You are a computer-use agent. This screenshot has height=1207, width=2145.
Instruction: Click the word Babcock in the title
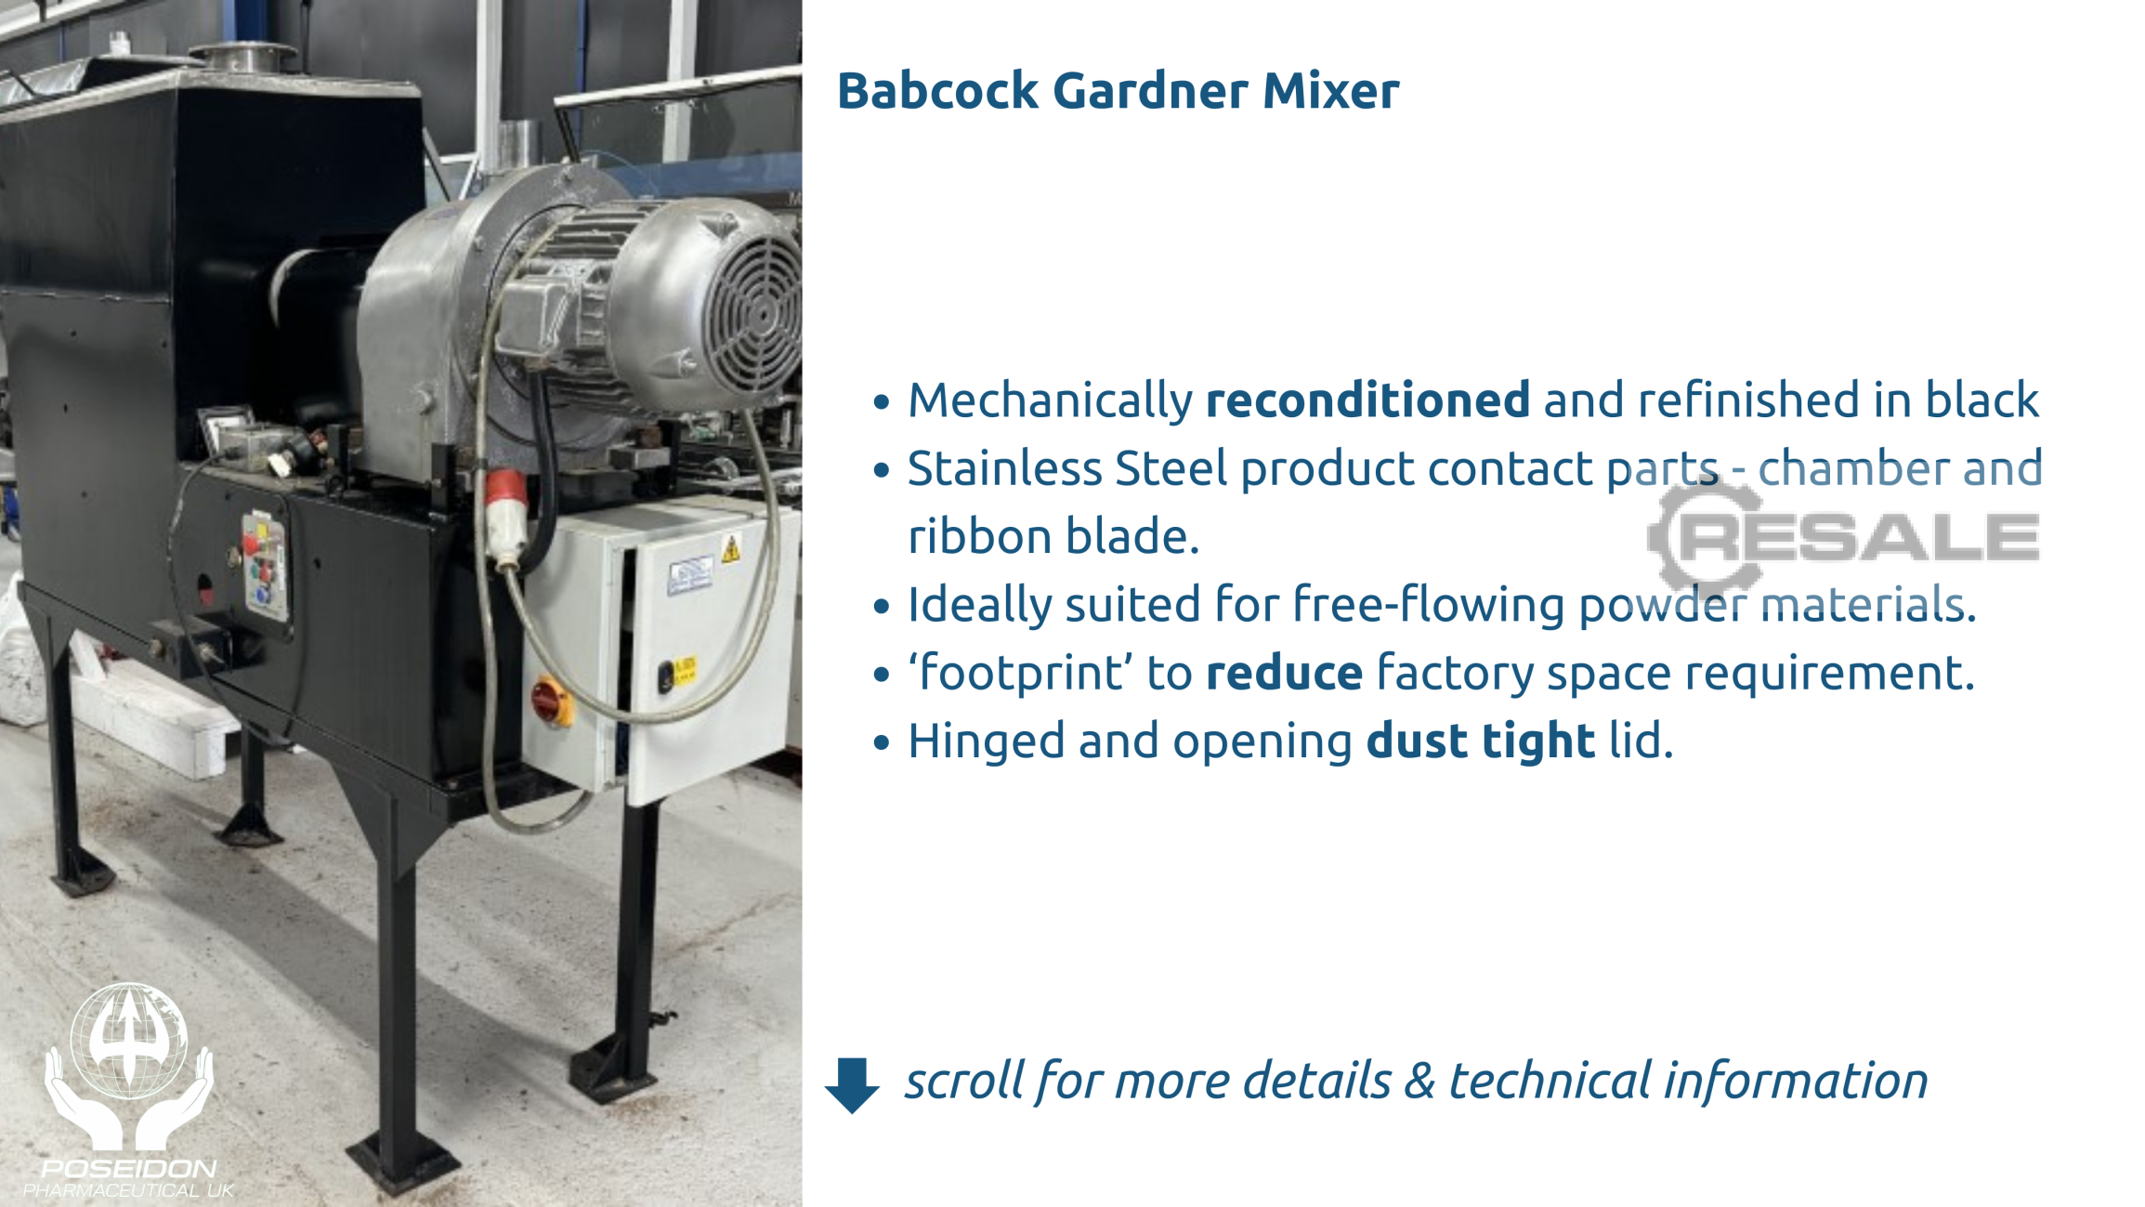point(937,90)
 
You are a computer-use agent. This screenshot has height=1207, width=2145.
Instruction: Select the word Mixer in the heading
point(1330,90)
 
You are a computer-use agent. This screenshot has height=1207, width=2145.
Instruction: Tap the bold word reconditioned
point(1367,400)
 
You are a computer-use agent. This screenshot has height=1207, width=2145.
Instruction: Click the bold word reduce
point(1284,673)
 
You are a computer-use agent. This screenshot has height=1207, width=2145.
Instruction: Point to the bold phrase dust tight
point(1481,741)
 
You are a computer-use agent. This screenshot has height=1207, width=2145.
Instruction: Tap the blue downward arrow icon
point(851,1083)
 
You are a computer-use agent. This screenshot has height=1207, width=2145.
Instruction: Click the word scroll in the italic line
point(964,1081)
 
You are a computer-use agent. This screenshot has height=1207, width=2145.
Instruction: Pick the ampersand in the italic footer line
point(1419,1081)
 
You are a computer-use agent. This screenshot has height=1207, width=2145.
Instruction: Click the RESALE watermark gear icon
point(1706,535)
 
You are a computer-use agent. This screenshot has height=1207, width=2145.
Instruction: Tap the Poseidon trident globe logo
point(129,1067)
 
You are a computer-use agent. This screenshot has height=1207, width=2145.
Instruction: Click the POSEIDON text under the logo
point(128,1168)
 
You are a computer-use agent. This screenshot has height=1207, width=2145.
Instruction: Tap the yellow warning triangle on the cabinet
point(731,549)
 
